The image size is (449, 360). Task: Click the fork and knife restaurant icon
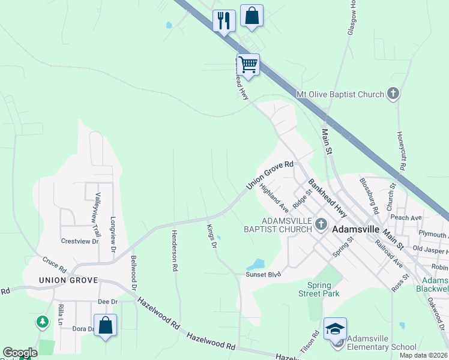pos(224,21)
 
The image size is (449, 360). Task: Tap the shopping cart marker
pos(248,64)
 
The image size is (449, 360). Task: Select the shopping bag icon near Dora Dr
pos(105,326)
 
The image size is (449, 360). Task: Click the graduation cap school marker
pos(336,328)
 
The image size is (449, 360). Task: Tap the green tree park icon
pos(42,322)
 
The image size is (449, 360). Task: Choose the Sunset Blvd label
pos(263,274)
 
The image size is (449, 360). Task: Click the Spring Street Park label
pos(319,289)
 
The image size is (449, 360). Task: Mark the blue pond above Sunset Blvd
pos(256,264)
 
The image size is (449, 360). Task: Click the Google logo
pos(20,353)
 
